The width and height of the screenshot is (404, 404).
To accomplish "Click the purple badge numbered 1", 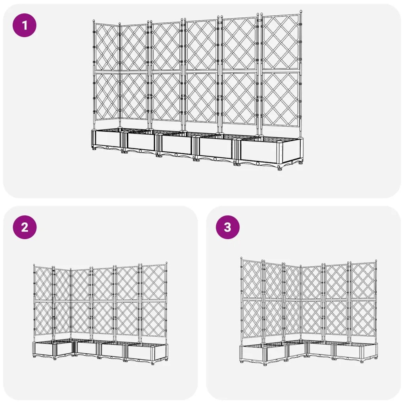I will [25, 26].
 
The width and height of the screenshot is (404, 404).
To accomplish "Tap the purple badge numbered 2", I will [25, 227].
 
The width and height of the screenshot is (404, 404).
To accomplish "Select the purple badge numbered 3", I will [227, 227].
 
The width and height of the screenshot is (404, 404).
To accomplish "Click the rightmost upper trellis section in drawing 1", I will [281, 43].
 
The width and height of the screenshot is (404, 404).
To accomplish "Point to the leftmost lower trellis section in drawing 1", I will [107, 97].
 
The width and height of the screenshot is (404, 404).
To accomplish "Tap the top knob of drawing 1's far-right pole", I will [301, 12].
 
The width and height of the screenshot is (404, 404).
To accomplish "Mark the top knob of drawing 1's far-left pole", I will [94, 21].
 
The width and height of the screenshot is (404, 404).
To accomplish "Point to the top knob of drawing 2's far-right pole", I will [166, 263].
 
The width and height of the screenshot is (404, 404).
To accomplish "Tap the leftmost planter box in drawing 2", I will [44, 350].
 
